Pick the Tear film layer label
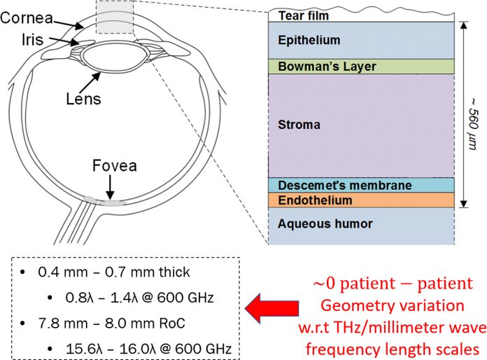(x=304, y=14)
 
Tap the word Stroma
(x=299, y=125)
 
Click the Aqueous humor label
(x=315, y=224)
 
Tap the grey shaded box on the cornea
(x=111, y=18)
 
